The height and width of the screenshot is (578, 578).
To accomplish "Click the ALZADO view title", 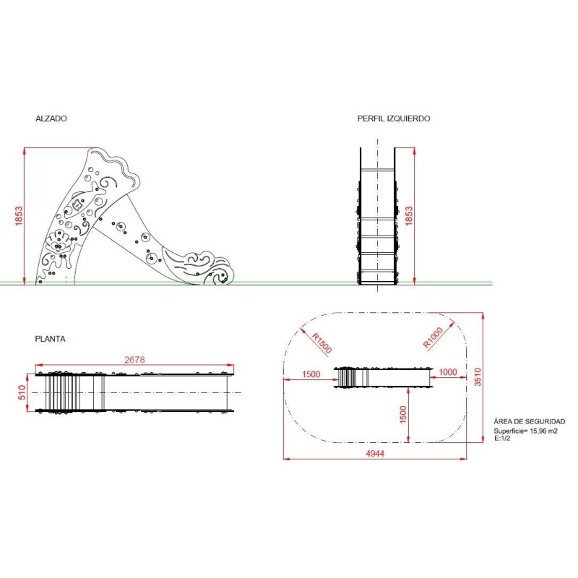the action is click(51, 118).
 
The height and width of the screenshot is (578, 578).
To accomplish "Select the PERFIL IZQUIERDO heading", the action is click(393, 118).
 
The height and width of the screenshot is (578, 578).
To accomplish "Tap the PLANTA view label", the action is click(50, 339).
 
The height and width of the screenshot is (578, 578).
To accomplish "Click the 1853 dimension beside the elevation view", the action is click(19, 216).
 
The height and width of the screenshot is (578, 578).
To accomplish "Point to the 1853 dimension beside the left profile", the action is click(409, 216).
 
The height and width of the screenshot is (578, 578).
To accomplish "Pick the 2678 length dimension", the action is click(134, 360).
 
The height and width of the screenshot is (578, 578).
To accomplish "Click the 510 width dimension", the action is click(22, 392).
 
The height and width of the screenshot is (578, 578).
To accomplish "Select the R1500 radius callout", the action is click(322, 343).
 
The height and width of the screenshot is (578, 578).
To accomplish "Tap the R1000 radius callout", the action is click(433, 337).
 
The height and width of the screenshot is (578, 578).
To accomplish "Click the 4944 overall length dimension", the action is click(375, 454).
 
